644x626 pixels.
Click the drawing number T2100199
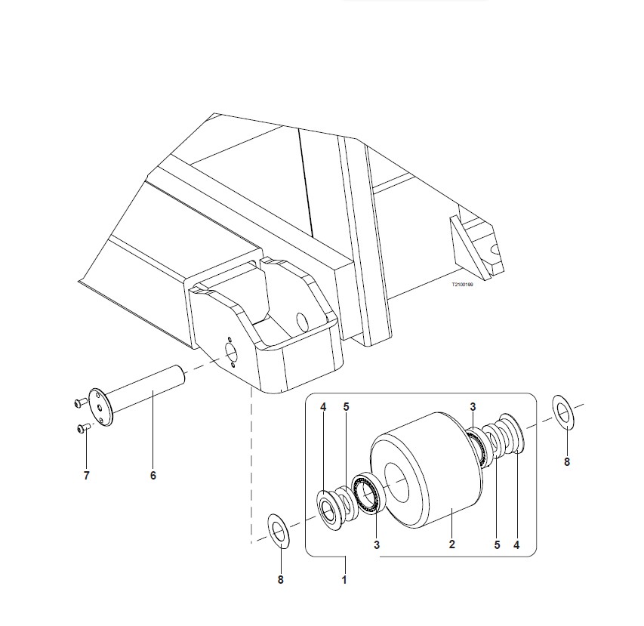tap(462, 284)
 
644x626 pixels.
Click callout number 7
tap(86, 476)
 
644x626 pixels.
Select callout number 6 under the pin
tap(153, 476)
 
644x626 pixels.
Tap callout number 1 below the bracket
tap(344, 580)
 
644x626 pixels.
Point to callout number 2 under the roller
tap(451, 544)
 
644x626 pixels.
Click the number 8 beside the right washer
tap(567, 462)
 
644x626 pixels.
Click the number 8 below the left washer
tap(281, 580)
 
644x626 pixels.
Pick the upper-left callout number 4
tap(323, 407)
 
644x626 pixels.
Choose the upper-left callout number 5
tap(346, 407)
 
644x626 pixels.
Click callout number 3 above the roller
tap(473, 407)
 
